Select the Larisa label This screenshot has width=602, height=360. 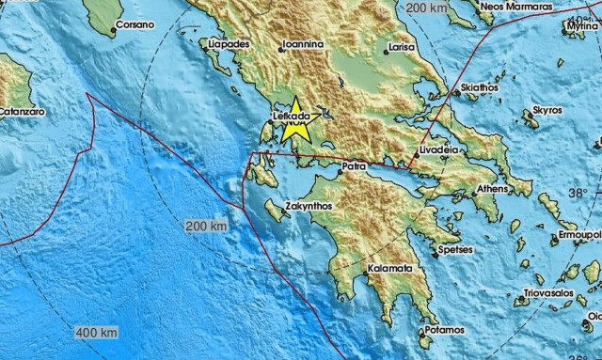(402, 44)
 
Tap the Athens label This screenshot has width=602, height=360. (491, 189)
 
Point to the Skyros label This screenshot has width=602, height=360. (547, 110)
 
